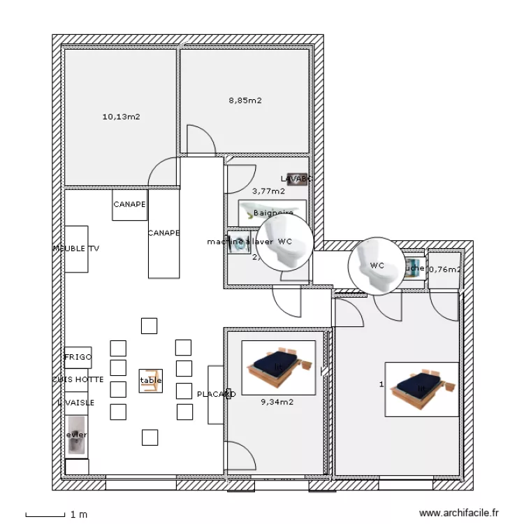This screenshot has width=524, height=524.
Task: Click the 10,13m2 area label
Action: [x=121, y=117]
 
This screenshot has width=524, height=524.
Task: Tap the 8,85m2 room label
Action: [x=245, y=101]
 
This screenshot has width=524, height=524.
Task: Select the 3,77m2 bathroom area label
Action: [x=268, y=191]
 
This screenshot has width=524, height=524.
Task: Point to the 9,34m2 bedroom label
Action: [x=277, y=402]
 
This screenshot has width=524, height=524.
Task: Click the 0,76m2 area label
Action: [x=444, y=270]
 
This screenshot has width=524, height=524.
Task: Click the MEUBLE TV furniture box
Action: [x=76, y=249]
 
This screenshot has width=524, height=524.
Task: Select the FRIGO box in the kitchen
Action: [x=78, y=357]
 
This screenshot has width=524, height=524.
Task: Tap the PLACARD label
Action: [x=216, y=394]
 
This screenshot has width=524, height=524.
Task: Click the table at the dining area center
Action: [x=150, y=381]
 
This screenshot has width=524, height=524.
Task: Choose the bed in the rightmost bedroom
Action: [x=421, y=389]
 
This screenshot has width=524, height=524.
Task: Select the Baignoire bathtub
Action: [x=272, y=212]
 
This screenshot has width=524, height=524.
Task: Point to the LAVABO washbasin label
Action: [x=297, y=179]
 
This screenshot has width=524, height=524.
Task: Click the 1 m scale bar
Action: [x=45, y=515]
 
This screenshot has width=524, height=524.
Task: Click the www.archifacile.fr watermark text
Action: [x=459, y=514]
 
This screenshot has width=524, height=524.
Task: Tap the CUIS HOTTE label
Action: [x=78, y=379]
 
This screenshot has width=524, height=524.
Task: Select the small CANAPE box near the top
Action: [x=129, y=205]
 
